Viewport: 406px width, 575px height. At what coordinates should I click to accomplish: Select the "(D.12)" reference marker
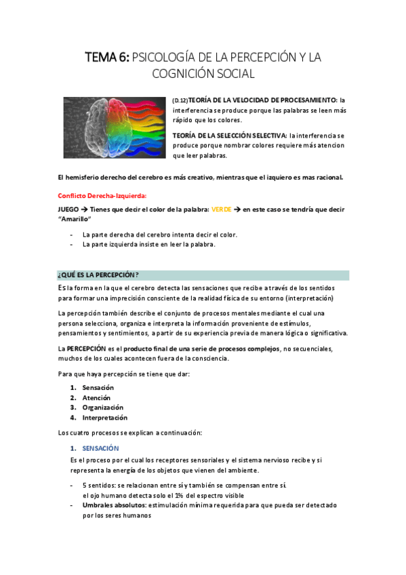point(180,100)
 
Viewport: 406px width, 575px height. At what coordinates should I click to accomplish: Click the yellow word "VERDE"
point(222,210)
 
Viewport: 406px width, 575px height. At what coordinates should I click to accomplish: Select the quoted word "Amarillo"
point(76,219)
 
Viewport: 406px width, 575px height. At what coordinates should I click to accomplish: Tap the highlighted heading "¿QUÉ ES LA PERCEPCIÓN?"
point(98,275)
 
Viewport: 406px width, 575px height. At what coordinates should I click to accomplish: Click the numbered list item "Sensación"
point(98,387)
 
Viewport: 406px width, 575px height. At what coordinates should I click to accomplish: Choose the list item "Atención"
point(96,397)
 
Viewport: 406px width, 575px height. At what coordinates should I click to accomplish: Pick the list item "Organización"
point(103,408)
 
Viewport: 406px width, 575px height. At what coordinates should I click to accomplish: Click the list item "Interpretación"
point(104,418)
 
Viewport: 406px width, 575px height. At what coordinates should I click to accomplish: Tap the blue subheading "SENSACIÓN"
point(100,448)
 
